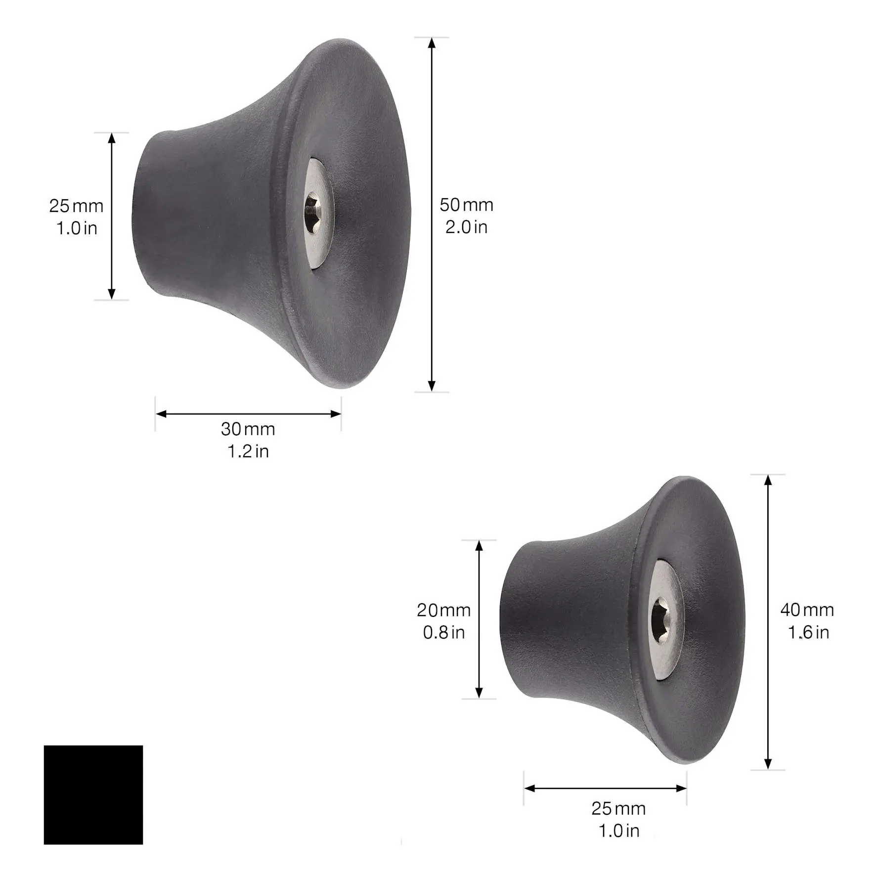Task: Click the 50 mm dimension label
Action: pos(466,205)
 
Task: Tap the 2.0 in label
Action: pos(466,227)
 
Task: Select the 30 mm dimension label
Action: pos(248,429)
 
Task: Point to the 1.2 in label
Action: pos(248,451)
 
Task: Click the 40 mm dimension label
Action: pos(807,610)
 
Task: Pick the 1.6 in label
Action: pos(808,632)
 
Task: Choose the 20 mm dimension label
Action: pos(443,610)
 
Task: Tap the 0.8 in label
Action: pos(443,632)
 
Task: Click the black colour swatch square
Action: pos(93,795)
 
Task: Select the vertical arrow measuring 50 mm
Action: pos(432,215)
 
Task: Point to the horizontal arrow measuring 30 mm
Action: pos(248,414)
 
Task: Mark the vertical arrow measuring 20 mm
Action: pos(479,619)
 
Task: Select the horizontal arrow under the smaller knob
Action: pos(605,788)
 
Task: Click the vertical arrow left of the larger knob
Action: pos(112,216)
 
